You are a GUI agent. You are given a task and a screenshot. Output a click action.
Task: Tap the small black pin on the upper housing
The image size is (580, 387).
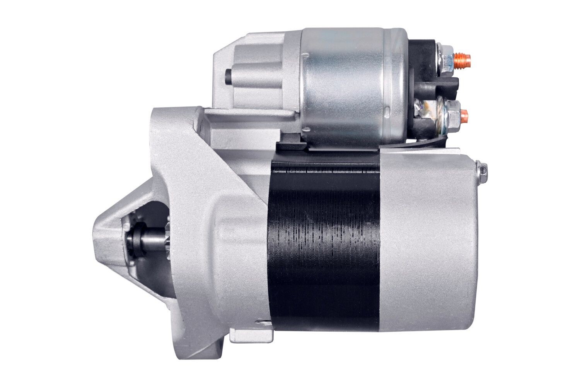pyautogui.click(x=228, y=76)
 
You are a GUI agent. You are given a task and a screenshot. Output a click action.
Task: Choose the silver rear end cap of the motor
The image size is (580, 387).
pyautogui.click(x=425, y=240)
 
